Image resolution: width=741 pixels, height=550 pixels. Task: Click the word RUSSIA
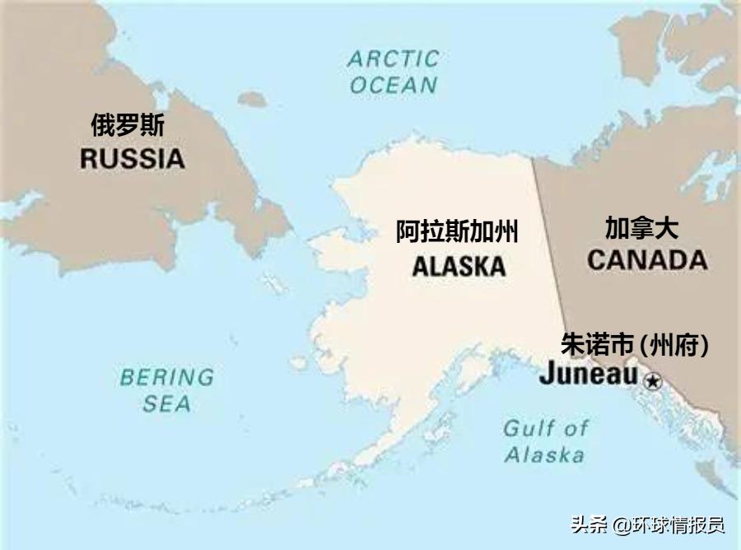coord(132,159)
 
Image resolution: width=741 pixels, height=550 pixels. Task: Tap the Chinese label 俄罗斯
coord(128,126)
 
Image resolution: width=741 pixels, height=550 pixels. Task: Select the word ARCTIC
coord(393,59)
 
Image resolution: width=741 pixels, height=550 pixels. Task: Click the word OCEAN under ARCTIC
coord(393,85)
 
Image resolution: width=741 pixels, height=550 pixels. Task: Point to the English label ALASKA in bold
coord(459,266)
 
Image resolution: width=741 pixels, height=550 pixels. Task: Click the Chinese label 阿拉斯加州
coord(457,233)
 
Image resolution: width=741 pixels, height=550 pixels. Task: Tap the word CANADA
coord(646,260)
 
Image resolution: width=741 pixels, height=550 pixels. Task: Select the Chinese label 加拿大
coord(642,228)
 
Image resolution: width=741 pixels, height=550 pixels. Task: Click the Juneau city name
coord(588,375)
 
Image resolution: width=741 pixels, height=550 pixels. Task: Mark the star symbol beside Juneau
coord(652,380)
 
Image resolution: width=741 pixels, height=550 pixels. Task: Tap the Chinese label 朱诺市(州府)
coord(635,344)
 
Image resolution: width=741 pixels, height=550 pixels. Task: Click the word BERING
coord(166,378)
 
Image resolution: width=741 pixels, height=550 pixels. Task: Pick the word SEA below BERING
coord(166,403)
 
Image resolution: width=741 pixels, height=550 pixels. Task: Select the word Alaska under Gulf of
coord(544,454)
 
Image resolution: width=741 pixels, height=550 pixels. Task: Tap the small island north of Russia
coord(252,99)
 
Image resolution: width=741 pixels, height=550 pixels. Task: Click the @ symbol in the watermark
coord(622,524)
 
